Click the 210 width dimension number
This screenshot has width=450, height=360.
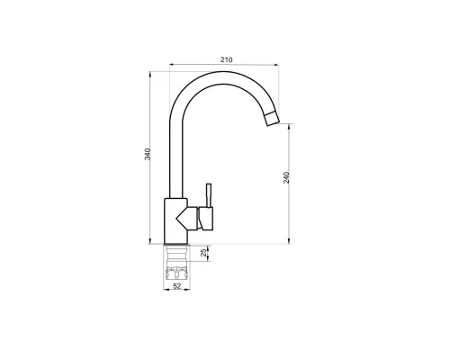[x=226, y=59]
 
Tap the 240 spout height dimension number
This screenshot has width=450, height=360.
[x=286, y=177]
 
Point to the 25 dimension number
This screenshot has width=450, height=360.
[x=204, y=253]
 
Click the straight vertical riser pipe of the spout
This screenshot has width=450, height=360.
[x=175, y=153]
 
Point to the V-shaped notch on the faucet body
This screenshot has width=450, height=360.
[x=187, y=216]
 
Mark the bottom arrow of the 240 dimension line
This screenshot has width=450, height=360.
[x=290, y=240]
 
